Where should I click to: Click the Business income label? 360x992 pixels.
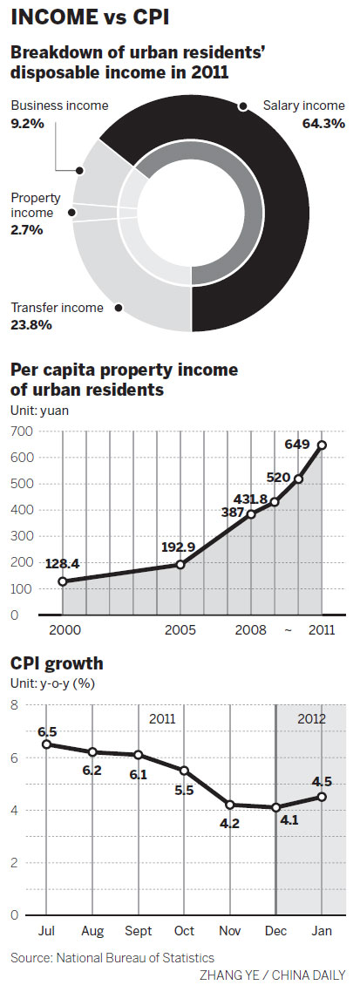(x=59, y=105)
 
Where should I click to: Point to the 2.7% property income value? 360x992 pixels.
(x=26, y=230)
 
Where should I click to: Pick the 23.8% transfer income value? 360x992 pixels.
(x=31, y=324)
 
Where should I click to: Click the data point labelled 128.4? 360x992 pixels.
(x=63, y=581)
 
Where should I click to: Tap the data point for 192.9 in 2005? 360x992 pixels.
(x=180, y=564)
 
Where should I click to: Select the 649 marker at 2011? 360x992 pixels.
(x=323, y=445)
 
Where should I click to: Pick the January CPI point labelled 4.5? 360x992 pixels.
(x=323, y=796)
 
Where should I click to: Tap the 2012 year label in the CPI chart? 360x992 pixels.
(x=310, y=720)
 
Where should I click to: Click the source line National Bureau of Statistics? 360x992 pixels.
(x=112, y=958)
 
